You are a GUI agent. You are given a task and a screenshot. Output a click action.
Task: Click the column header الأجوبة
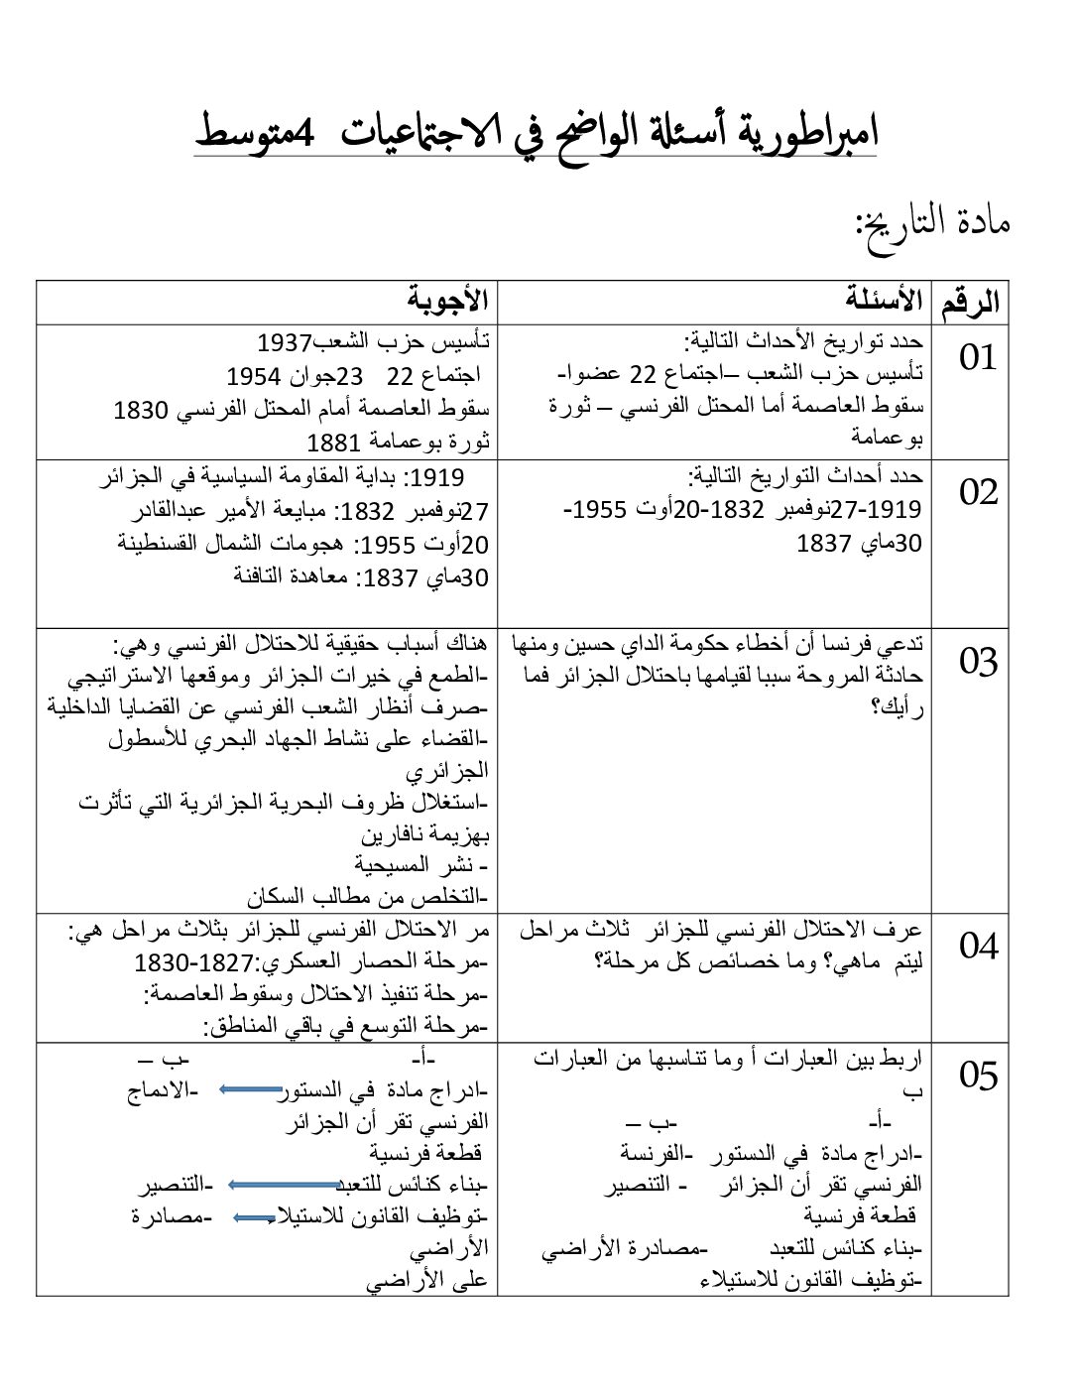pyautogui.click(x=448, y=300)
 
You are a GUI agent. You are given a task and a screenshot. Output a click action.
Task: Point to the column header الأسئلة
pyautogui.click(x=884, y=300)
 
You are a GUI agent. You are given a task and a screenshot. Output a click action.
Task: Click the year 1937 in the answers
pyautogui.click(x=285, y=343)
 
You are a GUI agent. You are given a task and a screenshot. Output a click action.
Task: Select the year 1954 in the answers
pyautogui.click(x=254, y=376)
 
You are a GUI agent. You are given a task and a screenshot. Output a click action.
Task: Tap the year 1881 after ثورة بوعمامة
pyautogui.click(x=334, y=442)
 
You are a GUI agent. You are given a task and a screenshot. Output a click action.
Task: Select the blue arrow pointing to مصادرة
pyautogui.click(x=255, y=1217)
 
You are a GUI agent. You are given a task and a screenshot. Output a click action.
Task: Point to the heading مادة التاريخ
pyautogui.click(x=933, y=220)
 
